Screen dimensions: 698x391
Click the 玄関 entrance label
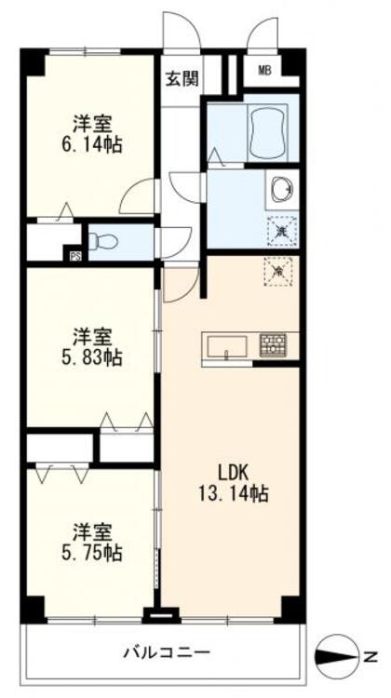(182, 79)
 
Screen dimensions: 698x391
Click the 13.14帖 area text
(234, 494)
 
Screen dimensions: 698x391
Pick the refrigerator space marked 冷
(278, 270)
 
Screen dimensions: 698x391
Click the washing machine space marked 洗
(279, 225)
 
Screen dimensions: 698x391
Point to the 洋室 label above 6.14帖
(94, 122)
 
